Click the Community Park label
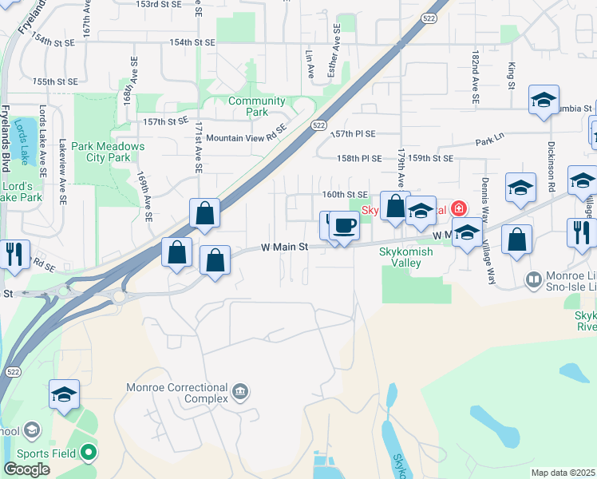pos(256,106)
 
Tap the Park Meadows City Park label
pos(107,152)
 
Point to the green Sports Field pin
pos(89,453)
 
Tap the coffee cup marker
pos(344,226)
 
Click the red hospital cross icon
pos(458,209)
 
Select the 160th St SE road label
pos(345,194)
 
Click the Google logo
pos(26,469)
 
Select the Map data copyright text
pos(563,473)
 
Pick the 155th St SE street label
pos(55,81)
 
